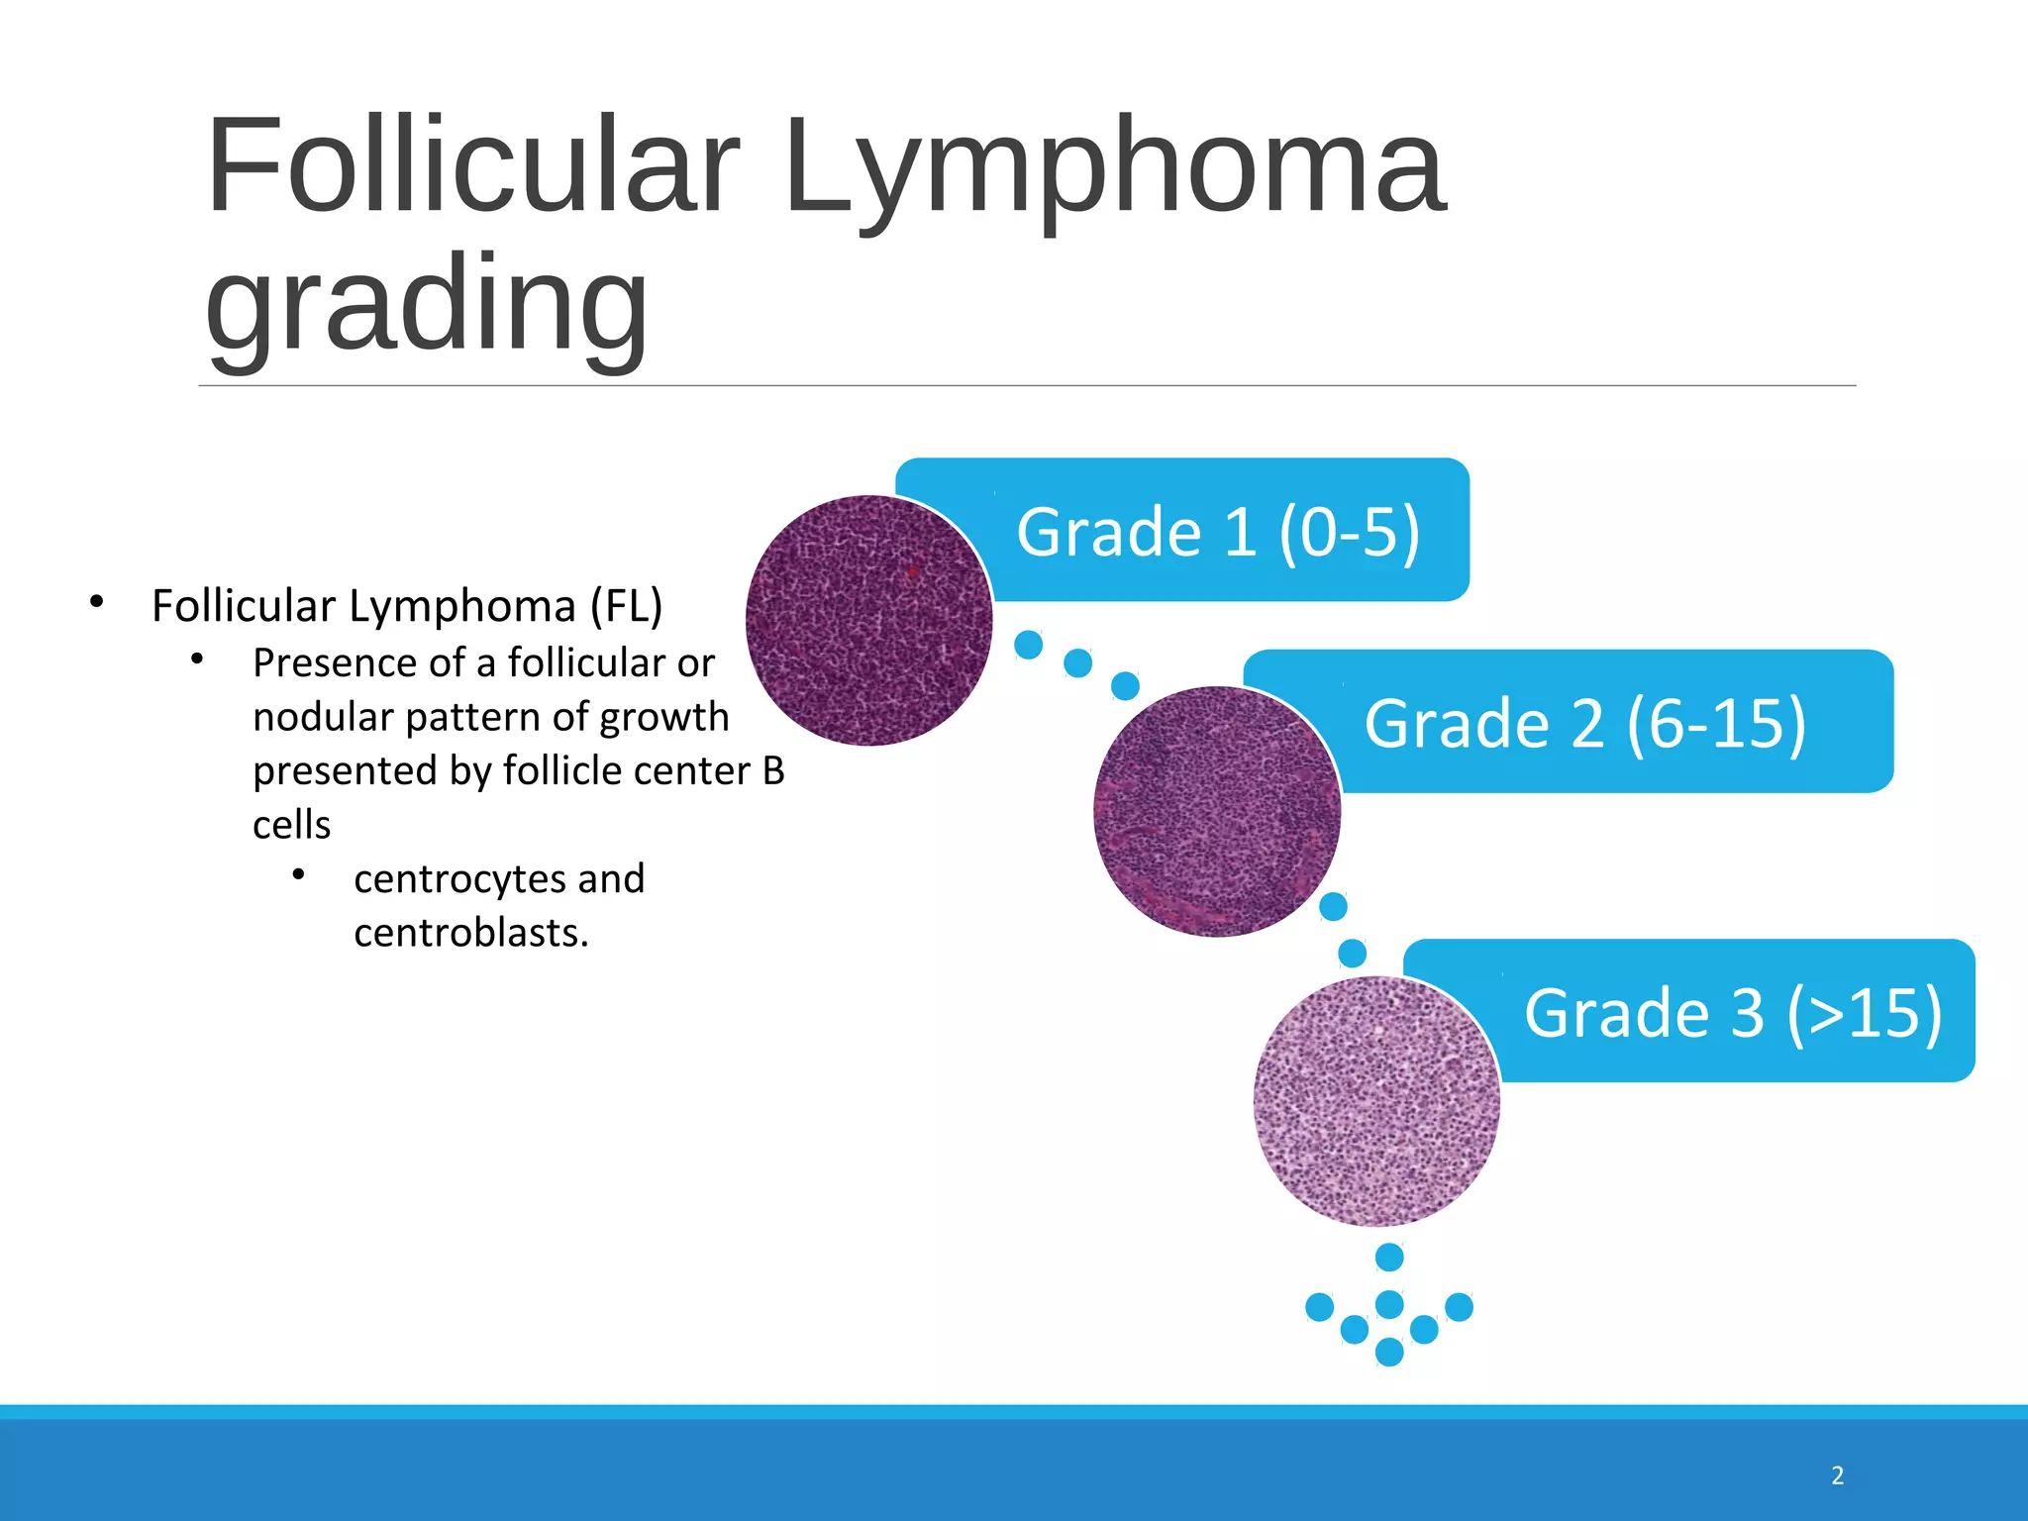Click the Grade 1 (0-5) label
[x=1218, y=532]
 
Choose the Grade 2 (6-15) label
[x=1584, y=723]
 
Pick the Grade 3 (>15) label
[x=1733, y=1012]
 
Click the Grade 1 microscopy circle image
[x=868, y=620]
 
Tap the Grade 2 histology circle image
[x=1217, y=812]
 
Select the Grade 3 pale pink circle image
[x=1376, y=1101]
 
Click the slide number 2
[x=1837, y=1475]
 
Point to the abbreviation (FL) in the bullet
[x=626, y=606]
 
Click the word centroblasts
[x=470, y=933]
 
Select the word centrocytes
[x=459, y=879]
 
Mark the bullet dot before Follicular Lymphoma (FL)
[x=96, y=601]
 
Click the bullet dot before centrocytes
[x=298, y=873]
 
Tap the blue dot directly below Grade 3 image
[x=1389, y=1258]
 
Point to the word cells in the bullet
[x=291, y=825]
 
